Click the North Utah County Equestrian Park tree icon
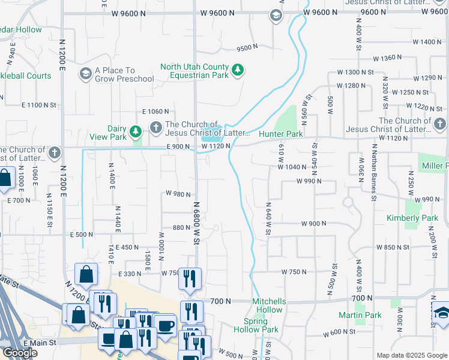(x=238, y=71)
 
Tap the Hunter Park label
(x=280, y=134)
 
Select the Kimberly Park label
(x=412, y=218)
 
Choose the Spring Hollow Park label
(x=261, y=325)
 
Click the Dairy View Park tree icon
(x=137, y=131)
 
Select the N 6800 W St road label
(x=196, y=223)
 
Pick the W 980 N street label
(x=178, y=194)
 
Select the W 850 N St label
(x=393, y=247)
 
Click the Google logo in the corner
(x=20, y=353)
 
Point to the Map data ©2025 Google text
(x=411, y=355)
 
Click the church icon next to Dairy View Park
(x=156, y=127)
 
